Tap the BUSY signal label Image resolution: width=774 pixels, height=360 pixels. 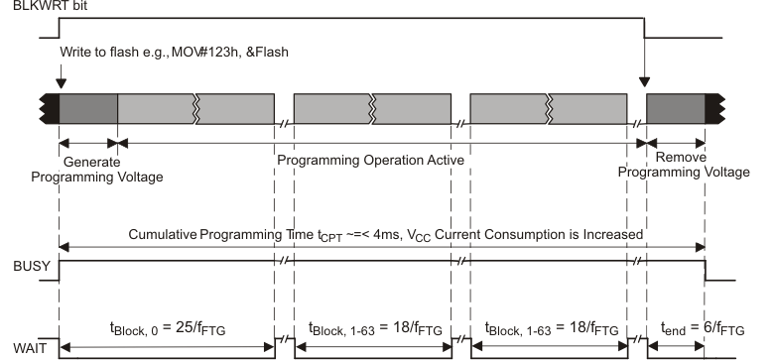click(x=21, y=268)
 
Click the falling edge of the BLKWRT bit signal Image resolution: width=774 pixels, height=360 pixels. click(x=646, y=28)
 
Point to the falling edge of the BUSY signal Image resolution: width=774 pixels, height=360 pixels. click(x=706, y=271)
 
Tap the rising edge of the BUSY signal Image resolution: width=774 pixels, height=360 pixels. click(x=60, y=271)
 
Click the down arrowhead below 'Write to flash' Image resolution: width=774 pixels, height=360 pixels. click(x=61, y=83)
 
